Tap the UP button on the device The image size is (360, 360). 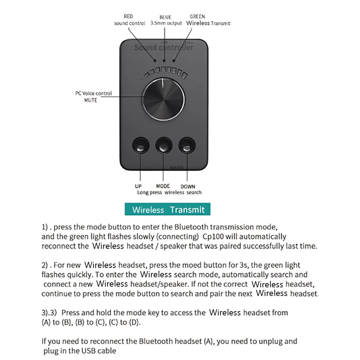tap(140, 146)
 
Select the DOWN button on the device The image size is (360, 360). tap(187, 146)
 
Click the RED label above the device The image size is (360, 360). tap(128, 16)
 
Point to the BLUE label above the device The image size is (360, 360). tap(165, 17)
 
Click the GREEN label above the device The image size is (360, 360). tap(197, 16)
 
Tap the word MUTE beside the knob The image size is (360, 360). tap(91, 100)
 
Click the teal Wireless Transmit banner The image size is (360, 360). tap(168, 210)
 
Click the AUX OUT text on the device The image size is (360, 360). tap(177, 168)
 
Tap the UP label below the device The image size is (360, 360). tap(138, 186)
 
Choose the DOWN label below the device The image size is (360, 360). tap(188, 186)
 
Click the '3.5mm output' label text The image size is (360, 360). tap(166, 23)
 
